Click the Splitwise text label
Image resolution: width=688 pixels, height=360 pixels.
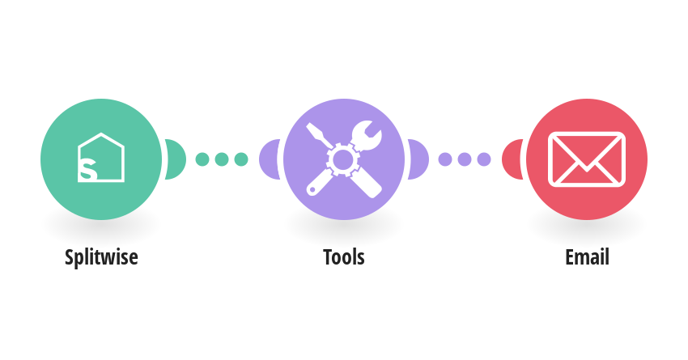click(x=101, y=257)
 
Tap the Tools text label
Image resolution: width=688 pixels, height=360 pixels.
click(x=343, y=257)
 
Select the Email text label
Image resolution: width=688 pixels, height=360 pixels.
click(x=587, y=257)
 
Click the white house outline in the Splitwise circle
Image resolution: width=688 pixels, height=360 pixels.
click(x=101, y=137)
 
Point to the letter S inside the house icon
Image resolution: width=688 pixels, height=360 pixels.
click(x=87, y=170)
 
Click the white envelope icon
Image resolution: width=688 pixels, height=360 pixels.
click(x=587, y=159)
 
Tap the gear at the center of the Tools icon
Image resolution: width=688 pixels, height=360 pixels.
click(x=342, y=159)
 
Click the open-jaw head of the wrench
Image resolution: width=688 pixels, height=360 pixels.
click(x=367, y=135)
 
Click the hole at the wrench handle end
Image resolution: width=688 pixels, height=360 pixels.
click(x=312, y=190)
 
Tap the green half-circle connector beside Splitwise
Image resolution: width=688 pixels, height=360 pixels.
click(x=175, y=159)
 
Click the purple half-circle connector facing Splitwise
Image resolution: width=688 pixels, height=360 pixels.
click(x=269, y=159)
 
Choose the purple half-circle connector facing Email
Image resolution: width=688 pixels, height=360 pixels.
click(x=418, y=159)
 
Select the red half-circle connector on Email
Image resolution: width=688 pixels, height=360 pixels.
click(x=512, y=159)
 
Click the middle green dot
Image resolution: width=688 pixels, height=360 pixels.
click(x=222, y=159)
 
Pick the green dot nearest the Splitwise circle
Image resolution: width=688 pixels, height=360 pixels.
click(x=202, y=159)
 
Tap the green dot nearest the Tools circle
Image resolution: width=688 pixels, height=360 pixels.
click(x=241, y=159)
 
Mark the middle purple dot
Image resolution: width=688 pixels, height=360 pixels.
click(x=465, y=159)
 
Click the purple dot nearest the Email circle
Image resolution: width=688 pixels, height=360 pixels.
click(x=484, y=159)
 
